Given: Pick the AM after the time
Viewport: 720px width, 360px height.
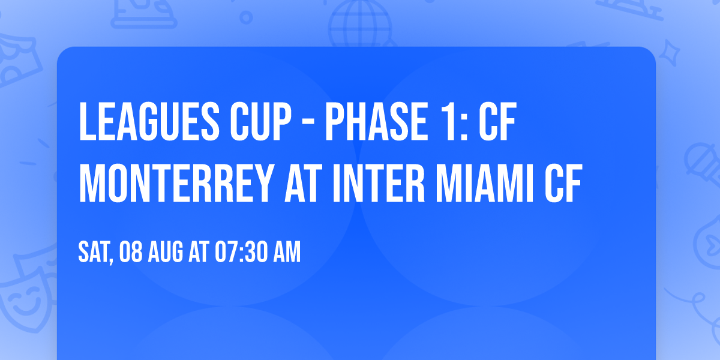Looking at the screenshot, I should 286,253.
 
